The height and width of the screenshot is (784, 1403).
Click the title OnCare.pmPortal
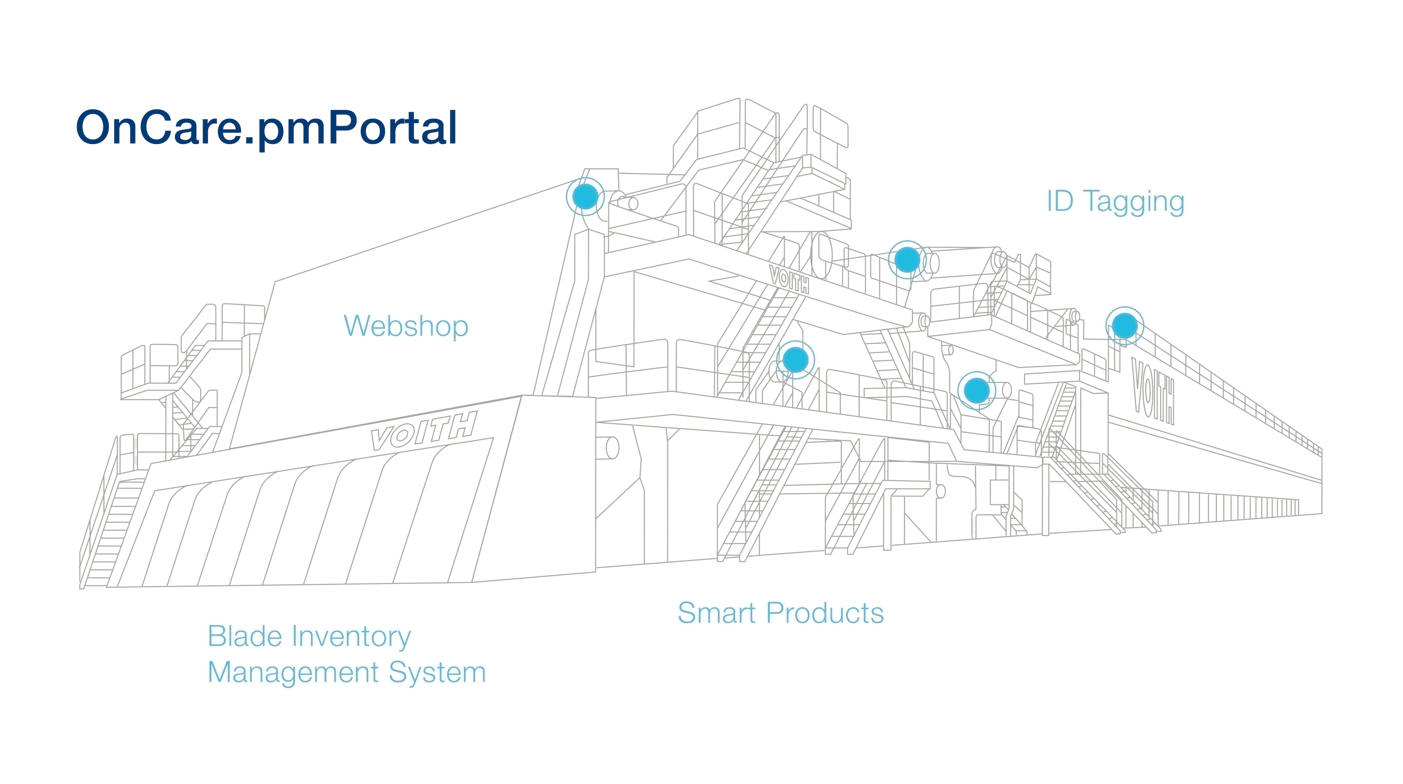tap(266, 129)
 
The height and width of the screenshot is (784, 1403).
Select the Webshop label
tap(406, 326)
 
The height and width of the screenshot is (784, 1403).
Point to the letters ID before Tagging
tap(1060, 201)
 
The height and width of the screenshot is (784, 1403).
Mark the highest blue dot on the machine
tap(586, 196)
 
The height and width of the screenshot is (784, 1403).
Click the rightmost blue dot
tap(1125, 325)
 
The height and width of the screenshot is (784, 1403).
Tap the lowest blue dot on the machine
tap(976, 390)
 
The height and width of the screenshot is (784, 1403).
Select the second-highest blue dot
tap(907, 260)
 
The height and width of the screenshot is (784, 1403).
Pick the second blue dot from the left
tap(795, 360)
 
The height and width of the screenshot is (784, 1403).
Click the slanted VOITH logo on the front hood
tap(424, 431)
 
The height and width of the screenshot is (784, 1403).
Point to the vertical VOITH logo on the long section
tap(1153, 390)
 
